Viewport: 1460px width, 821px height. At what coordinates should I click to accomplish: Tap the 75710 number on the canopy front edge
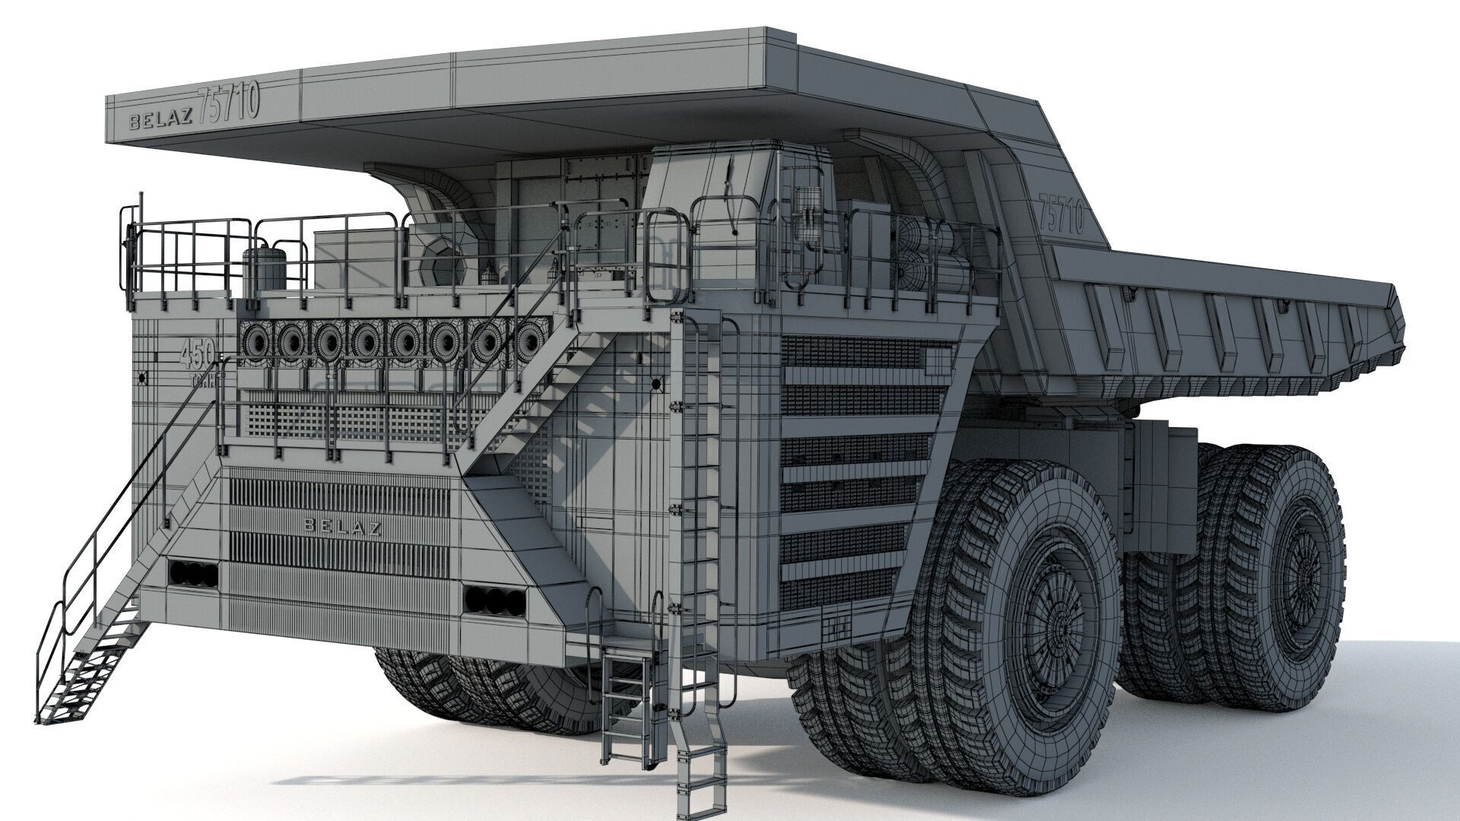point(228,103)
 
